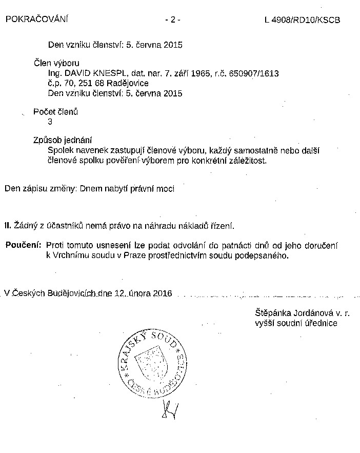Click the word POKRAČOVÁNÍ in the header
36,19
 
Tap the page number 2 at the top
172,20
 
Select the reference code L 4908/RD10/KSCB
302,20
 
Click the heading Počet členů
55,112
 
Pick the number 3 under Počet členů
50,122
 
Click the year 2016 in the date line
162,293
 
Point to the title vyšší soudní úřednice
296,323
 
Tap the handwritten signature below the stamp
169,409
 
